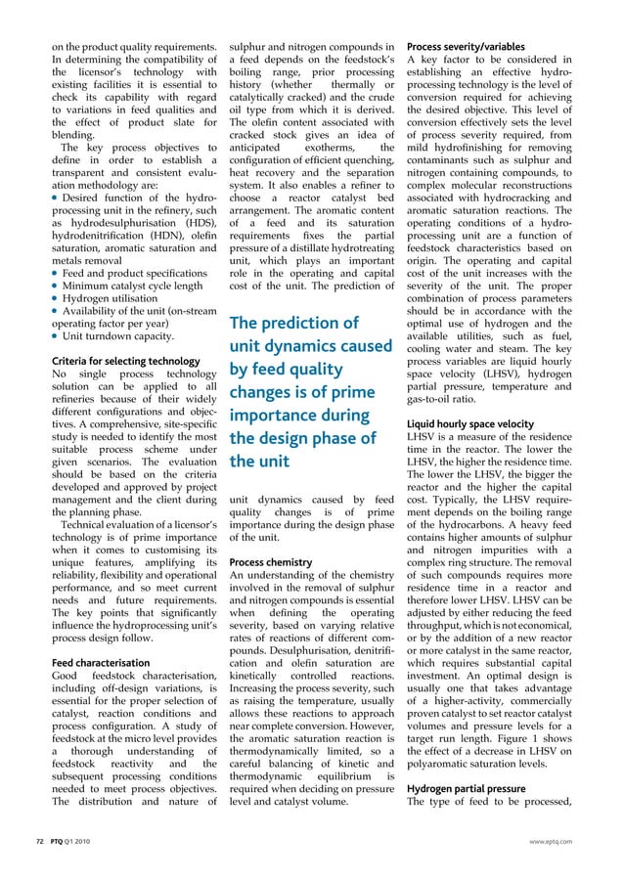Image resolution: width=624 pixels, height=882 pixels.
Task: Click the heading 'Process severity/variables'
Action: [465, 47]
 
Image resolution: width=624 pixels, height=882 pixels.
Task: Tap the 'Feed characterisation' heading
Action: [101, 662]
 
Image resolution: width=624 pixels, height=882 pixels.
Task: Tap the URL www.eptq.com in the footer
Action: [550, 840]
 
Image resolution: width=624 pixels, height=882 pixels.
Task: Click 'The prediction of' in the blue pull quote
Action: [293, 323]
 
